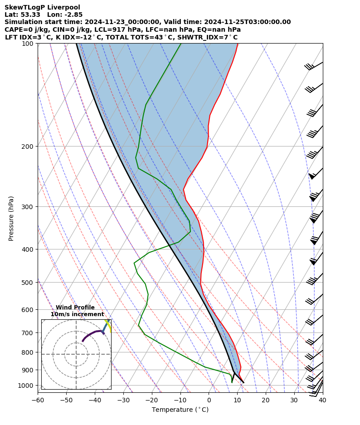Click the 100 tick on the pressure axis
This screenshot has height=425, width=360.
coord(28,44)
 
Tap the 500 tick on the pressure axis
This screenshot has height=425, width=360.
coord(28,283)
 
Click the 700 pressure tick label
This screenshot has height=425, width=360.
coord(28,333)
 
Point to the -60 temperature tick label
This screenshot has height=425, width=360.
coord(38,400)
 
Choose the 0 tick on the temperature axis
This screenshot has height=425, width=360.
coord(209,400)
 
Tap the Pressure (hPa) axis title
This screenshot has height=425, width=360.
coord(11,218)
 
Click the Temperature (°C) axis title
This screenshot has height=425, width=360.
coord(180,410)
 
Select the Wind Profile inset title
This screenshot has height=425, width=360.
coord(75,308)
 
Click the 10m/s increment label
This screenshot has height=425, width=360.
coord(77,314)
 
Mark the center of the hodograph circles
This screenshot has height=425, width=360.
coord(76,354)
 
